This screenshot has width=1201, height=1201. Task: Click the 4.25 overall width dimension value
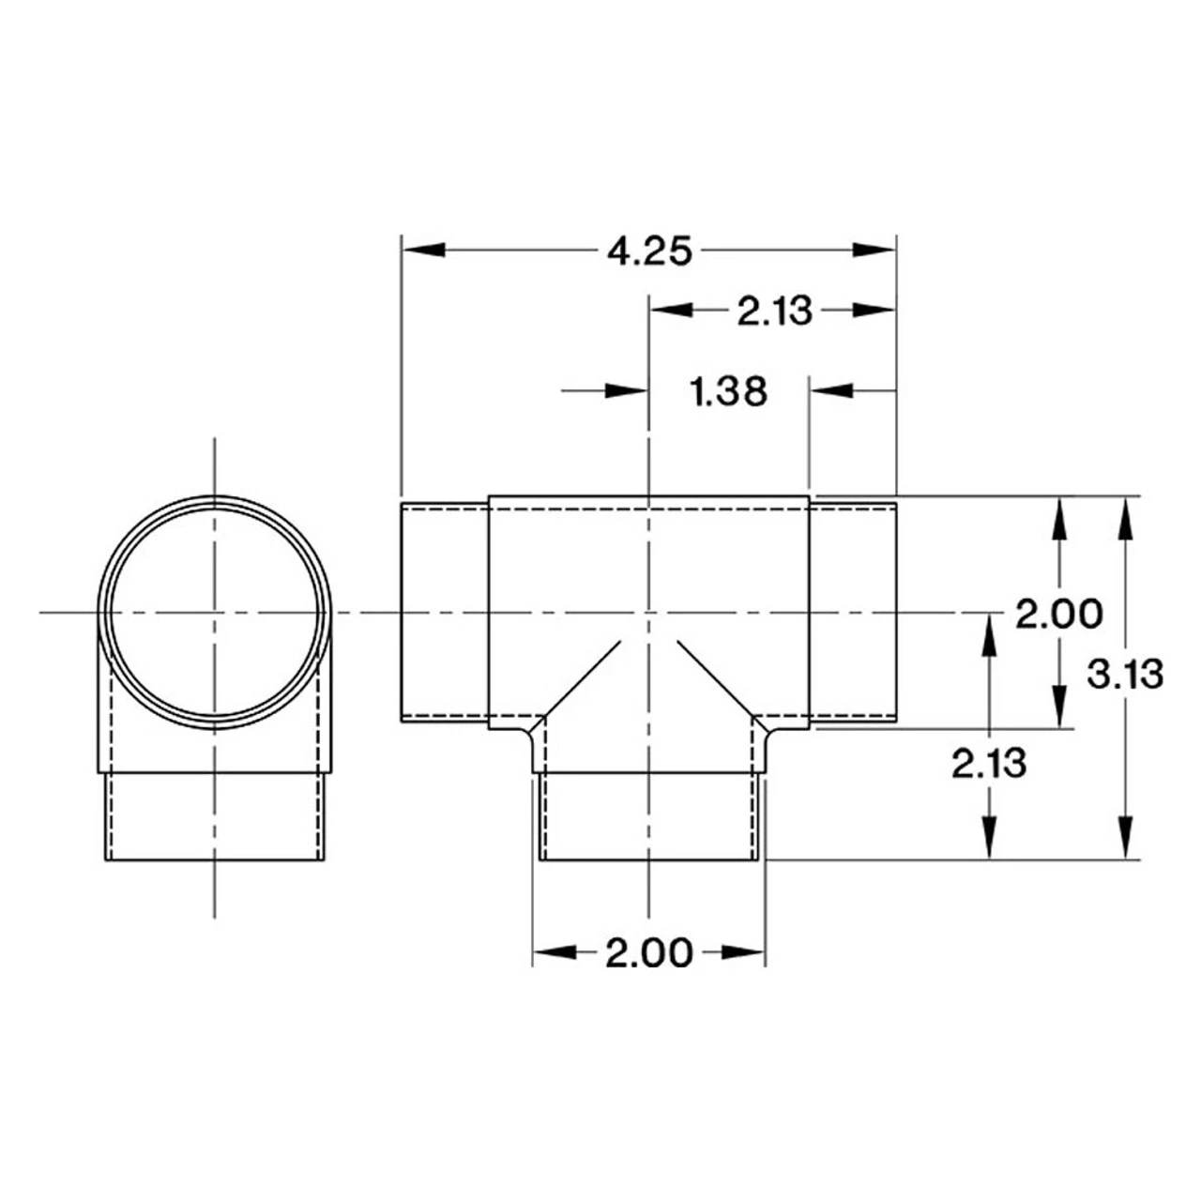[x=649, y=251]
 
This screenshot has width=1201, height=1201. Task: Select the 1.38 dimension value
[x=729, y=391]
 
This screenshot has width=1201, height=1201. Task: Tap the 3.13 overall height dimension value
[x=1125, y=674]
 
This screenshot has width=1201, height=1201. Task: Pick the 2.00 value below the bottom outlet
[x=648, y=953]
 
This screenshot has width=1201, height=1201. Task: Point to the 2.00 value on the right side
[x=1059, y=615]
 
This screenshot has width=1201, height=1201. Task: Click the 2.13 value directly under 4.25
[x=773, y=311]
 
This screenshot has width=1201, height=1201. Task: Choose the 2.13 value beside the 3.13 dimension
[x=989, y=764]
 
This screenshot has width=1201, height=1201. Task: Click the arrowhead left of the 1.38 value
[x=626, y=391]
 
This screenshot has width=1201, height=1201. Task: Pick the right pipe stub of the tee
[x=853, y=612]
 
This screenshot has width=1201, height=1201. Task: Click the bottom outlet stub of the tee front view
[x=648, y=816]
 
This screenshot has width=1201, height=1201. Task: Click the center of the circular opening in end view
[x=215, y=612]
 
